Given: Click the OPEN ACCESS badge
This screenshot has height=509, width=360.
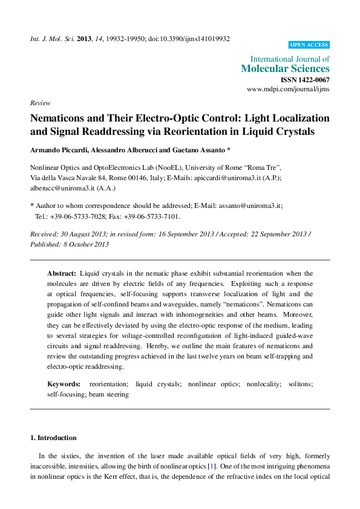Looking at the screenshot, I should click(x=309, y=45).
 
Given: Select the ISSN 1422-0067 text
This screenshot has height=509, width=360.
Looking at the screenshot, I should click(x=305, y=80).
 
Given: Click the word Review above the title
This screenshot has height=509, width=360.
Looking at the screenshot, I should click(x=40, y=103).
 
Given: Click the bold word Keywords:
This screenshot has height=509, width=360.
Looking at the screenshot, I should click(x=64, y=384).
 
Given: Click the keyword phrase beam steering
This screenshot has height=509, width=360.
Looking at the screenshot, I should click(x=110, y=394).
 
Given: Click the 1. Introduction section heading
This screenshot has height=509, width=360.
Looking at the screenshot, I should click(x=53, y=438).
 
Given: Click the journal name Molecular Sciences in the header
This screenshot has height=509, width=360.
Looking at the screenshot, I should click(x=285, y=69).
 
